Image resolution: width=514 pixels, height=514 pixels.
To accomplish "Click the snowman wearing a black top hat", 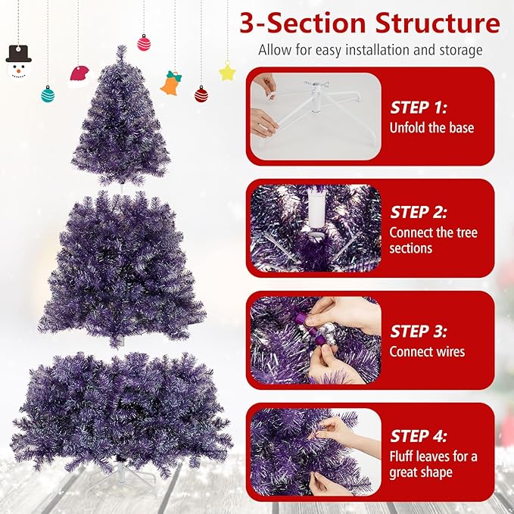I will (18, 64).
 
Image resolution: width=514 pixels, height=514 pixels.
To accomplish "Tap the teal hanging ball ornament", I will (48, 94).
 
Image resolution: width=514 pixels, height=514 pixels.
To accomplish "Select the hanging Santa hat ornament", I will (79, 76).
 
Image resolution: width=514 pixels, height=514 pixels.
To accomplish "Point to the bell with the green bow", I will (172, 83).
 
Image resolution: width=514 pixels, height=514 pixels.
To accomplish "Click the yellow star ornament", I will (227, 73).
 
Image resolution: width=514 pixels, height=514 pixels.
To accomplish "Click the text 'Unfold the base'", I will (431, 127).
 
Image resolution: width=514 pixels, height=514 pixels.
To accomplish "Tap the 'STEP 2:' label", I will (419, 212).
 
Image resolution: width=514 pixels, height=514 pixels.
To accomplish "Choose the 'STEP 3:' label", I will (419, 331).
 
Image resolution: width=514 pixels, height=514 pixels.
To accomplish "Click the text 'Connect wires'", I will (427, 351).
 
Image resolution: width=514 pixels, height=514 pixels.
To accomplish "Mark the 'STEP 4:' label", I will (419, 436).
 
